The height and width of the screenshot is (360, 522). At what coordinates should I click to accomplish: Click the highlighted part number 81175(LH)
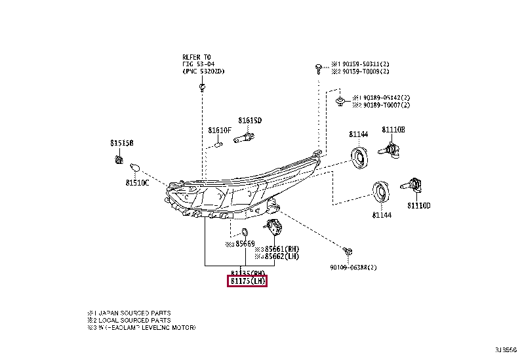247,281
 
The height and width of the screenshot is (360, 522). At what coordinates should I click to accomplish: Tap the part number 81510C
138,183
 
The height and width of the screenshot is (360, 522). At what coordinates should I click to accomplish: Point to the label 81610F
220,130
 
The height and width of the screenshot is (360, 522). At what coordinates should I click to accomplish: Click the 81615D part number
249,120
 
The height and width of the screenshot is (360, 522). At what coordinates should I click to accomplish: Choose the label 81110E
393,130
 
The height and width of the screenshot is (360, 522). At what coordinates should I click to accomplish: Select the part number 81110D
418,205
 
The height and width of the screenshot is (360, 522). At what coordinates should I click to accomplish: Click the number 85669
245,244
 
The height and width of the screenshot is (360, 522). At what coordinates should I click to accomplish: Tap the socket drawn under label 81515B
119,158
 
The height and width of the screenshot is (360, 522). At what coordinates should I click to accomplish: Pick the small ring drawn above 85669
245,231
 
